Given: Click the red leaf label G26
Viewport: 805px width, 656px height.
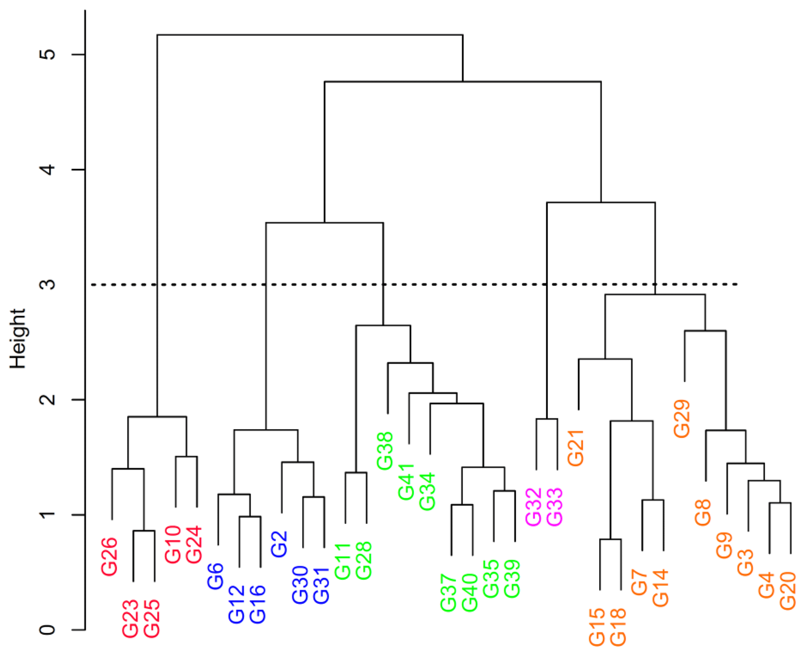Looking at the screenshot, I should tap(109, 556).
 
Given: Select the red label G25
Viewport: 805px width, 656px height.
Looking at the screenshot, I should tap(152, 618).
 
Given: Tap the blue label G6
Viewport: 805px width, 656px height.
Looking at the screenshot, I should tap(215, 576).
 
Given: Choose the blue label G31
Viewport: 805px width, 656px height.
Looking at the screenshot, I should tap(322, 585).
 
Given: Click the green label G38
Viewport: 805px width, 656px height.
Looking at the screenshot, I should tap(385, 451).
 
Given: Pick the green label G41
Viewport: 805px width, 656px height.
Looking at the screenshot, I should tap(407, 482).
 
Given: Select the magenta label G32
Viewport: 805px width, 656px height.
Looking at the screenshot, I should tap(534, 507).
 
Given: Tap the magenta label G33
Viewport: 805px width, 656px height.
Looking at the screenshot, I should tap(555, 507).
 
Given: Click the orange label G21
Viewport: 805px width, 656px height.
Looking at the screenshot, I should tap(576, 448).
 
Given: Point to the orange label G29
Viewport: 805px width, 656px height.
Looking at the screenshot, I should tap(682, 419).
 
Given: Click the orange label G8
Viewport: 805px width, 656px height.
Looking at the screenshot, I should tap(703, 513).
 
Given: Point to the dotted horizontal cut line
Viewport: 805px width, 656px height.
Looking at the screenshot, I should tap(428, 285).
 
